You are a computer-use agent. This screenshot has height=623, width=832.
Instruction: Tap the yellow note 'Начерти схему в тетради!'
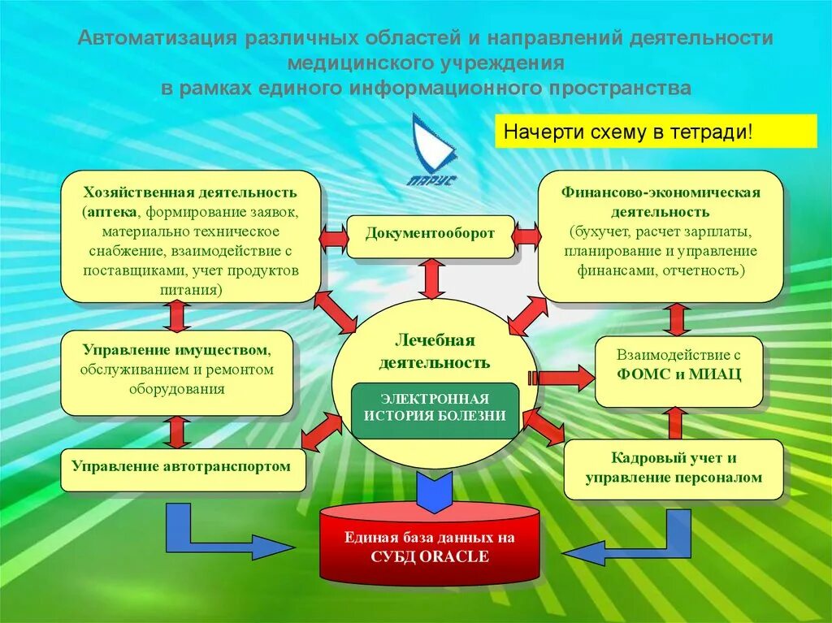(x=656, y=131)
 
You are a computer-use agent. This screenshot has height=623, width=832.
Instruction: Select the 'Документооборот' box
(x=430, y=235)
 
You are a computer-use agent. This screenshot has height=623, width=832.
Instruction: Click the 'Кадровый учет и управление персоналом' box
(x=674, y=469)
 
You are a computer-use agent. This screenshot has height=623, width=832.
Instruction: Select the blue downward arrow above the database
(x=435, y=490)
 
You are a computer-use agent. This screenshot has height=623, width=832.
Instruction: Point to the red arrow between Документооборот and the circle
(x=432, y=279)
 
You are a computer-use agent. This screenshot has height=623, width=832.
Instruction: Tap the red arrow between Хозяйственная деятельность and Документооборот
(x=333, y=237)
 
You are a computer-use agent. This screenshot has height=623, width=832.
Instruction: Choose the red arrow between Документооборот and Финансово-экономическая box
(x=526, y=236)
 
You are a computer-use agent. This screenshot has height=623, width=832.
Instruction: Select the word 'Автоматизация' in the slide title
(x=156, y=39)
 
